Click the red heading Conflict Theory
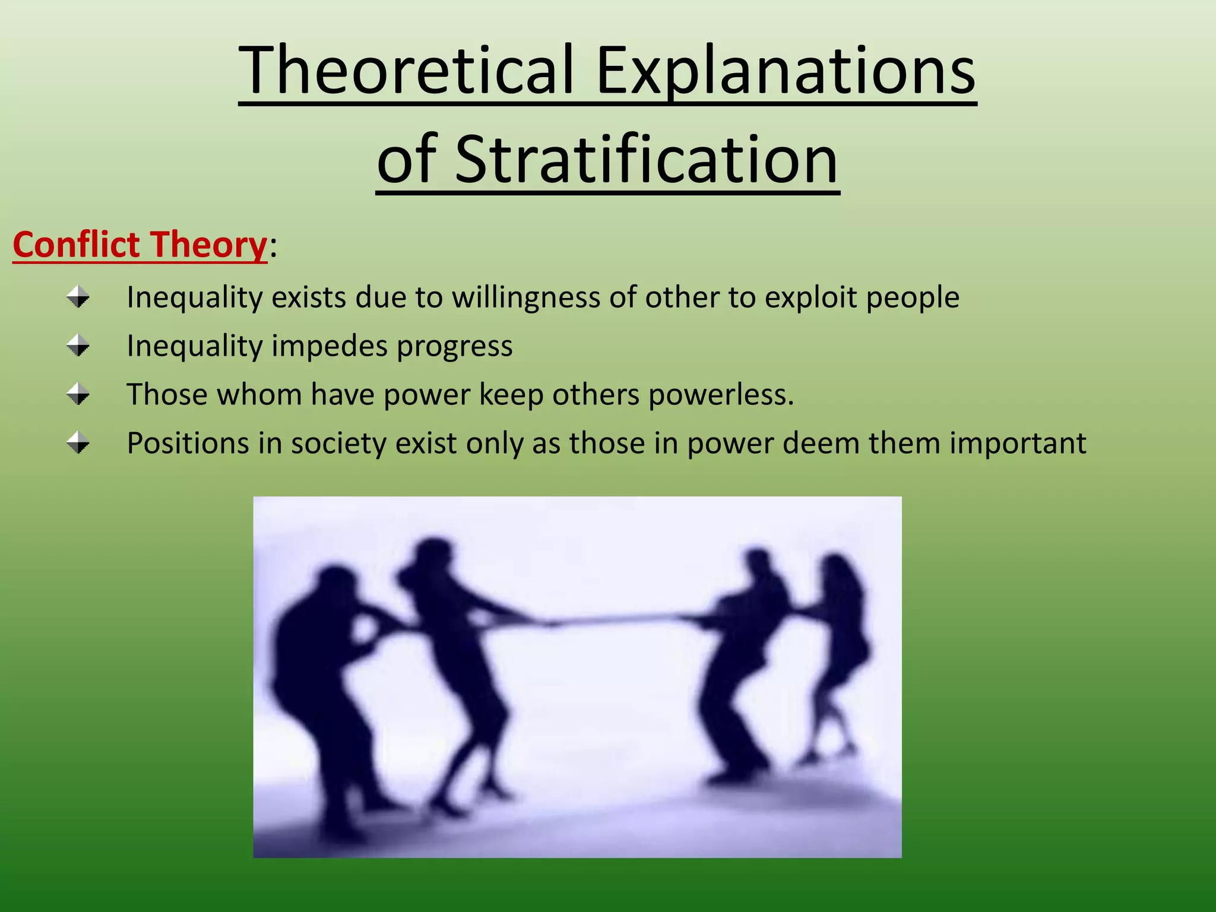pos(140,245)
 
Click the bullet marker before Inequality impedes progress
pos(78,345)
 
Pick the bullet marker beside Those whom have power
pos(78,394)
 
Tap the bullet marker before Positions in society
pos(78,442)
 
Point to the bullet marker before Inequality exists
pos(78,296)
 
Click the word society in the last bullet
pos(338,444)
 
